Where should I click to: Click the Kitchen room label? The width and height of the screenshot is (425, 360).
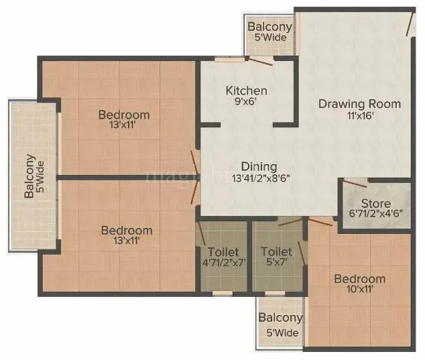tap(246, 91)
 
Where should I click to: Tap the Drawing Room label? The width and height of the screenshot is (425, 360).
tap(359, 104)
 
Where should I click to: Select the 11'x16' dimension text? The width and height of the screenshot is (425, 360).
tap(360, 115)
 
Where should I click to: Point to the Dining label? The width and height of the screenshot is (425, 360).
tap(259, 166)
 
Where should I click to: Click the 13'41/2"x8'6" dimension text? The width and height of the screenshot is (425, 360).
tap(260, 178)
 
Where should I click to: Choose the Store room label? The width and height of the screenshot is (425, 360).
tap(375, 203)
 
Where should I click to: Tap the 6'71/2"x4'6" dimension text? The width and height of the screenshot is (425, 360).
tap(375, 215)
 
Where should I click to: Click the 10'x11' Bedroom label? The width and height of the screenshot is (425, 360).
tap(360, 279)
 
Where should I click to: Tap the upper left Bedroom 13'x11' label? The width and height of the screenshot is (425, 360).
tap(123, 114)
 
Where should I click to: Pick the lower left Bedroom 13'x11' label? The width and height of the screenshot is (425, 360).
tap(126, 230)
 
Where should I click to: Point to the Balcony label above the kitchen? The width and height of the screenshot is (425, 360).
tap(269, 27)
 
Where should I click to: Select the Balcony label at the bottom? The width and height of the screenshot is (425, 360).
tap(281, 318)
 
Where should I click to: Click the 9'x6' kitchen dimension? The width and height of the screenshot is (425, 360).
tap(246, 103)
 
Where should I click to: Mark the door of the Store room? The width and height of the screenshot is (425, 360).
tap(355, 182)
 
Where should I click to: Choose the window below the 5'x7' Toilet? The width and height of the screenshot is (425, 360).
tap(274, 293)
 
